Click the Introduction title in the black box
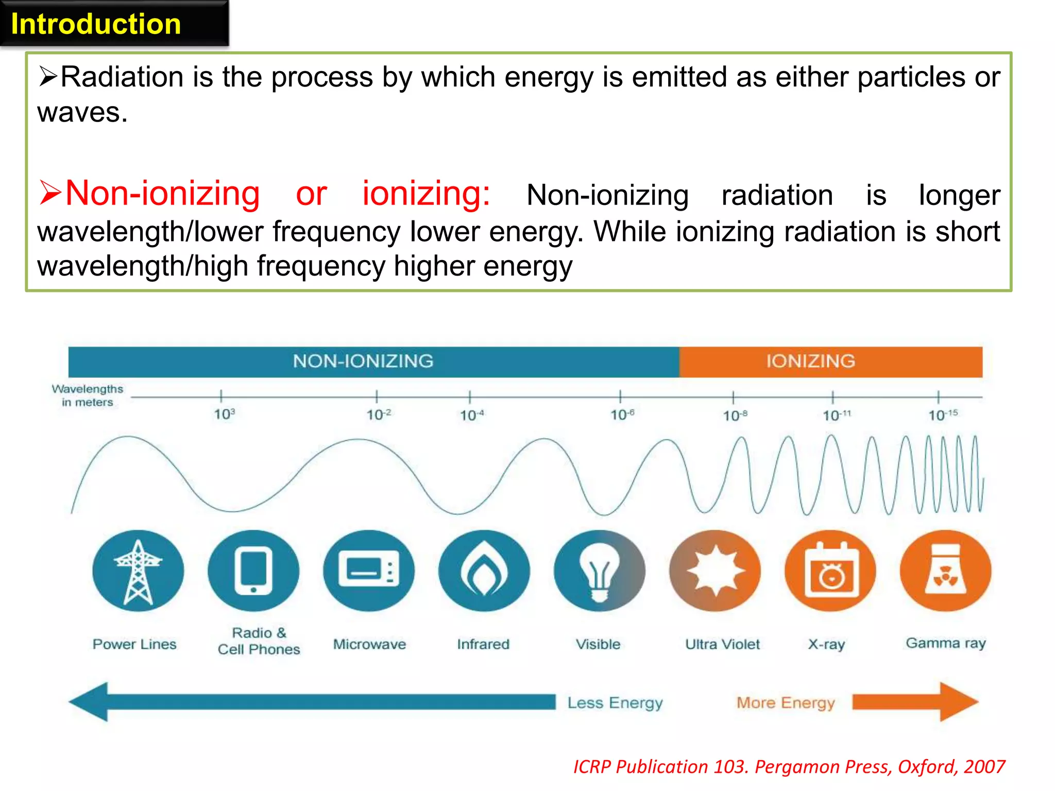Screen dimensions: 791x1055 pyautogui.click(x=96, y=24)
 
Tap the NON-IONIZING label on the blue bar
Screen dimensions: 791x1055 pyautogui.click(x=363, y=361)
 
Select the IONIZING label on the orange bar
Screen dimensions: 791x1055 pyautogui.click(x=810, y=361)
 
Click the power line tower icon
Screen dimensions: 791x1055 pyautogui.click(x=138, y=571)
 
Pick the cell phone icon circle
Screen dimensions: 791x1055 pyautogui.click(x=253, y=571)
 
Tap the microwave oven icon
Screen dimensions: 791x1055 pyautogui.click(x=368, y=571)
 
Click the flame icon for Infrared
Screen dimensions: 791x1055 pyautogui.click(x=484, y=571)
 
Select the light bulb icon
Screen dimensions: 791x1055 pyautogui.click(x=599, y=571)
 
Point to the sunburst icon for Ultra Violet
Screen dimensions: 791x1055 pyautogui.click(x=714, y=571)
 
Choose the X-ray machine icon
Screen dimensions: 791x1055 pyautogui.click(x=830, y=571)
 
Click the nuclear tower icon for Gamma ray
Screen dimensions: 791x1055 pyautogui.click(x=945, y=571)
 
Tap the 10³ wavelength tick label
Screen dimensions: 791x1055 pyautogui.click(x=224, y=414)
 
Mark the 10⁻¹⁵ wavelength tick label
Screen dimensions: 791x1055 pyautogui.click(x=942, y=415)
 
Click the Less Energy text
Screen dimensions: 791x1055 pyautogui.click(x=615, y=703)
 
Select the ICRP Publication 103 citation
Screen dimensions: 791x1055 pyautogui.click(x=789, y=767)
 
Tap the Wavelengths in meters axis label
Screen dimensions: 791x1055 pyautogui.click(x=87, y=395)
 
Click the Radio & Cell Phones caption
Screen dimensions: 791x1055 pyautogui.click(x=259, y=641)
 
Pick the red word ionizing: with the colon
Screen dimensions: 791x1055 pyautogui.click(x=426, y=194)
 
